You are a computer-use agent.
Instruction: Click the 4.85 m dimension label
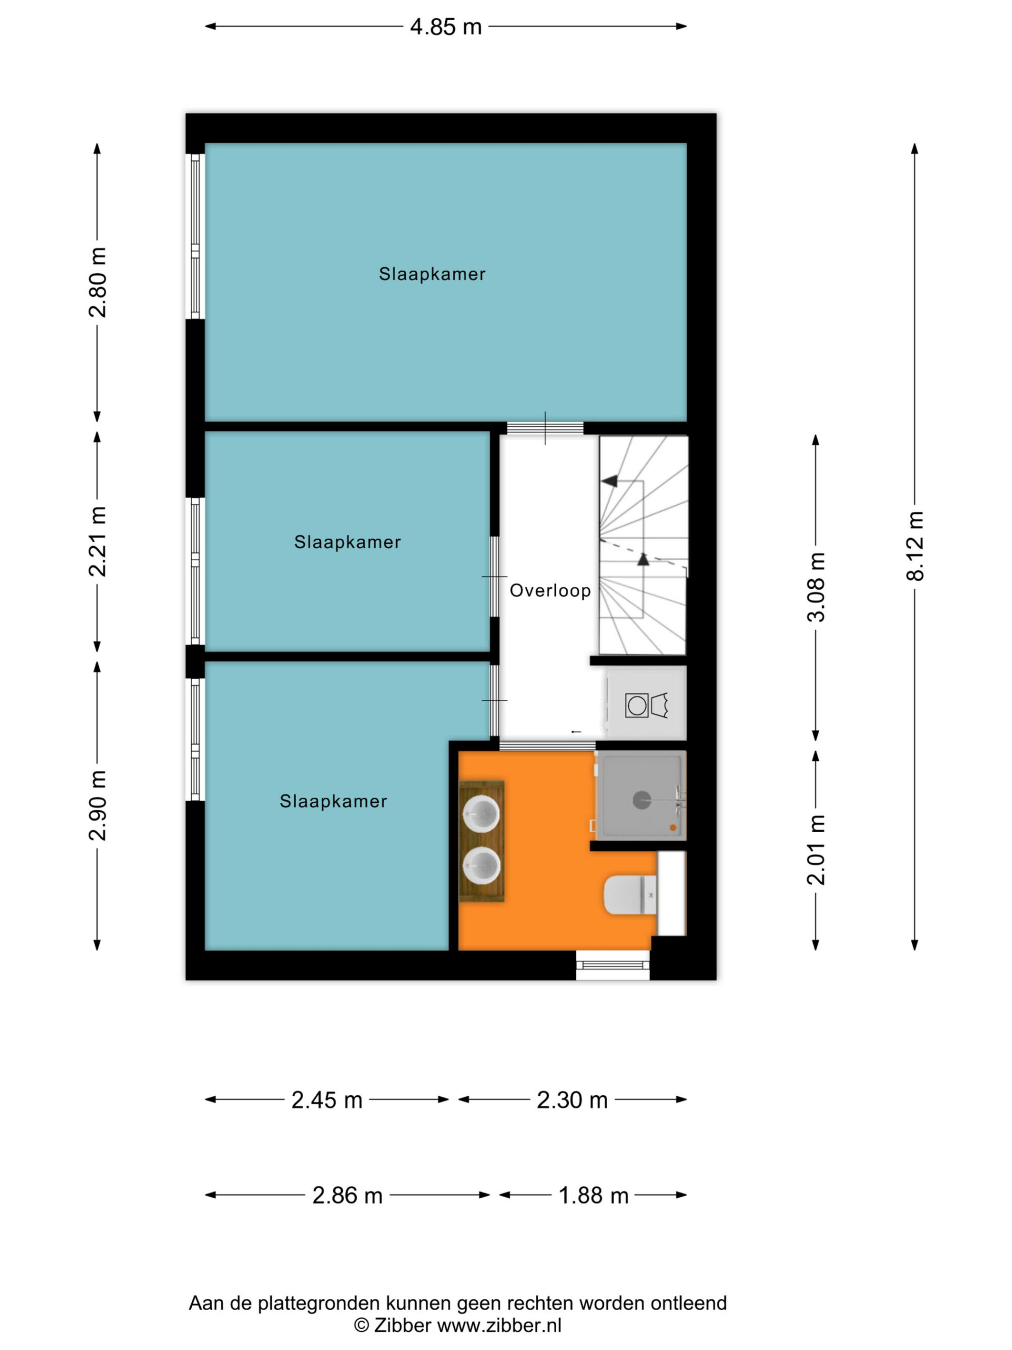[445, 27]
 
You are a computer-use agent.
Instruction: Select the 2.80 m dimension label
[98, 282]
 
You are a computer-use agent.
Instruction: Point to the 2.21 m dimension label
[98, 541]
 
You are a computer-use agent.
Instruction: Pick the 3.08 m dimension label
[816, 587]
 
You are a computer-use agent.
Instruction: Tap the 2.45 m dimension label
[327, 1100]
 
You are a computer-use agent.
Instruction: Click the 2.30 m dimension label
[572, 1100]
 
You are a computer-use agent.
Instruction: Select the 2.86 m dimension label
[347, 1195]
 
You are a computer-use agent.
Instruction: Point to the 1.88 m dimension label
[594, 1195]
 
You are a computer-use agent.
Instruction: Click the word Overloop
[550, 591]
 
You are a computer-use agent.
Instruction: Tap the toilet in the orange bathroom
[630, 895]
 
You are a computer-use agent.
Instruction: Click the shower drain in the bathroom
[642, 799]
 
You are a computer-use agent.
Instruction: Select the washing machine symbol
[637, 706]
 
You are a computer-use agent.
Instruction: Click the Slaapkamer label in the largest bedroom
[432, 274]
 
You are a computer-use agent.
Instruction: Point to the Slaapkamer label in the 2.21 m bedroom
[348, 542]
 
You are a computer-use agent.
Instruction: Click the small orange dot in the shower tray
[673, 828]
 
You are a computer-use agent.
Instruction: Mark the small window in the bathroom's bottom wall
[612, 965]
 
